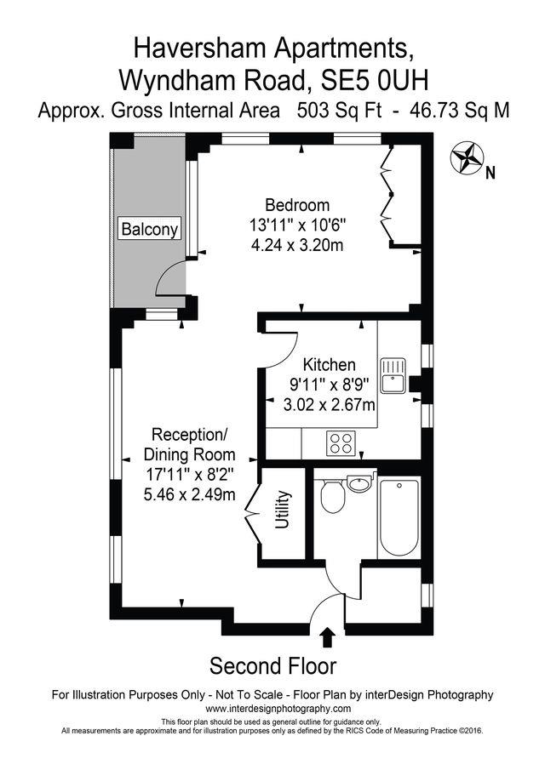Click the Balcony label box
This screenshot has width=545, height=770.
(150, 229)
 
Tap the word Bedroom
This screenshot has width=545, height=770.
(297, 205)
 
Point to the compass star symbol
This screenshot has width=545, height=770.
(466, 157)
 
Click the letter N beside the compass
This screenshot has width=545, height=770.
(490, 174)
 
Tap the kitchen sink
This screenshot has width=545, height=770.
(393, 374)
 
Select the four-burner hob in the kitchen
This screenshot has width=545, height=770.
(341, 441)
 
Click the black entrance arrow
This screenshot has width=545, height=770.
(327, 637)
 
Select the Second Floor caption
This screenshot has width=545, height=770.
(272, 664)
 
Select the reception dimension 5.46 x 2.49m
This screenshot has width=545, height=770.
(189, 493)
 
